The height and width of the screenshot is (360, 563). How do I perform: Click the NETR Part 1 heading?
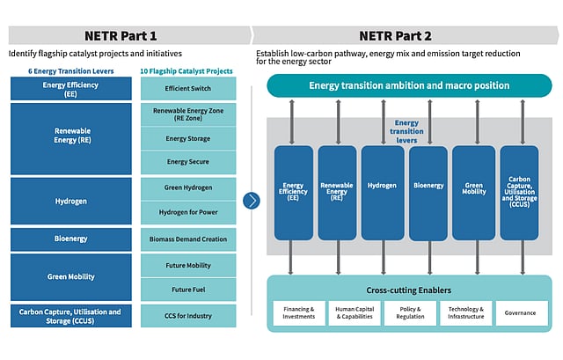click(121, 35)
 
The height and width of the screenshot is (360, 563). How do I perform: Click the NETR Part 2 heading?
click(393, 35)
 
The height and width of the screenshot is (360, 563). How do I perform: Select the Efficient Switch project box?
click(188, 89)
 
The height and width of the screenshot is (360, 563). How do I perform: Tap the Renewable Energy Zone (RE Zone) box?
click(188, 114)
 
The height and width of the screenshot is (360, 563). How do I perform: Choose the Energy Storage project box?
click(188, 138)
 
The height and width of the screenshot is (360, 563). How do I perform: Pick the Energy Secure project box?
click(188, 162)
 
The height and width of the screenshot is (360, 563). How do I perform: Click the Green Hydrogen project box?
click(188, 188)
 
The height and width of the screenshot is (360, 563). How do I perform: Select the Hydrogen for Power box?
click(188, 213)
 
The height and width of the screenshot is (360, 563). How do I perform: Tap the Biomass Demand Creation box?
click(188, 239)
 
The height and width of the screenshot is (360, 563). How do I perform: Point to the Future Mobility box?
click(188, 264)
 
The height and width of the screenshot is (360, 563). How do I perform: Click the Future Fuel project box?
click(188, 289)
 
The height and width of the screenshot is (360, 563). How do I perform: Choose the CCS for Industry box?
click(188, 315)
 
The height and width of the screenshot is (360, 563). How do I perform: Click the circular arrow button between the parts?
click(252, 200)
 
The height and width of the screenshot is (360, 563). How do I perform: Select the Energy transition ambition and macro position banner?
click(410, 85)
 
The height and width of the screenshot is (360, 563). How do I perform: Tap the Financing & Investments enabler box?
click(298, 313)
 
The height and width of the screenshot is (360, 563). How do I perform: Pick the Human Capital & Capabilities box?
click(354, 313)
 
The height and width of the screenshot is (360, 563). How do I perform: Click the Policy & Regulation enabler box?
click(409, 313)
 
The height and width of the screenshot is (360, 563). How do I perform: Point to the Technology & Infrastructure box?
click(464, 313)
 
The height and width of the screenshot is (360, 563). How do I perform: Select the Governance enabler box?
click(520, 313)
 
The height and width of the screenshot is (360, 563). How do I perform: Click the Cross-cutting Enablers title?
click(409, 290)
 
